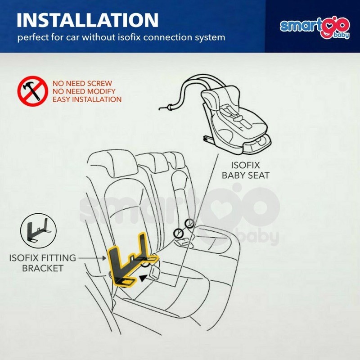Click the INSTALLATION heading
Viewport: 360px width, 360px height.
(87, 20)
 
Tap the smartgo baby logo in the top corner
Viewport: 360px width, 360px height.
(315, 28)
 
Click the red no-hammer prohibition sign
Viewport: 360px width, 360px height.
(32, 91)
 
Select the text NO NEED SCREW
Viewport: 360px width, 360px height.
(82, 83)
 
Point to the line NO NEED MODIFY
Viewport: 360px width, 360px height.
(84, 91)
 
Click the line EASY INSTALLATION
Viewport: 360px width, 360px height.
(87, 99)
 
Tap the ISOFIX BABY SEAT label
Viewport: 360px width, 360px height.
(245, 170)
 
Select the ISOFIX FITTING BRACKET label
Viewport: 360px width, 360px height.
(42, 263)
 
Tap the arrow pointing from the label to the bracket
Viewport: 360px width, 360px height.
(92, 258)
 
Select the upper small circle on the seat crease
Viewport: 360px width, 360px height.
(189, 223)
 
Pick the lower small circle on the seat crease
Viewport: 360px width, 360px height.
(178, 233)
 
